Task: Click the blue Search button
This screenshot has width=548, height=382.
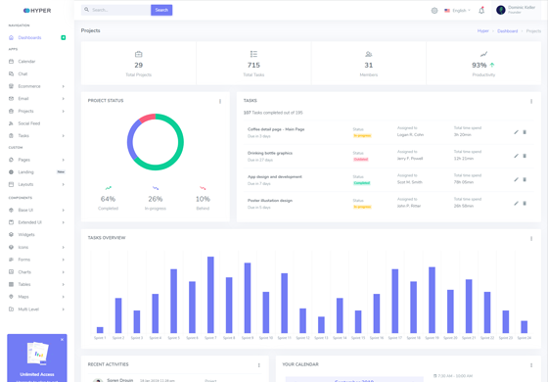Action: pos(161,10)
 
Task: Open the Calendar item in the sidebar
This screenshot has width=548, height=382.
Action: pos(26,61)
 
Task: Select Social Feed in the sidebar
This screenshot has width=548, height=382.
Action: pos(29,123)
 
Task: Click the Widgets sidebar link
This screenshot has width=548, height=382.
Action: pos(26,235)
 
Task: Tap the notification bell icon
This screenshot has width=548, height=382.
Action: pos(481,11)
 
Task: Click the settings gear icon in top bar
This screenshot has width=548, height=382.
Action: pos(434,11)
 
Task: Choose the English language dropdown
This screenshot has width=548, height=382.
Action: pos(457,11)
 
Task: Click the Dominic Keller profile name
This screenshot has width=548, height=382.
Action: pos(522,8)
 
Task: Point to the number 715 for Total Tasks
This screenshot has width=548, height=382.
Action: pos(253,65)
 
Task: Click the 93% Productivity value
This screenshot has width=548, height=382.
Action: pos(479,65)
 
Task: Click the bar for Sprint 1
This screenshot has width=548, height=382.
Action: pos(100,330)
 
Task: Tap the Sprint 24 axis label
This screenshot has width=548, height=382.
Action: pos(525,338)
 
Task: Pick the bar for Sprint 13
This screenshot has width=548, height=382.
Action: pos(321,325)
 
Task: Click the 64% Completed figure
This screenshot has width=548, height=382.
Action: pos(108,199)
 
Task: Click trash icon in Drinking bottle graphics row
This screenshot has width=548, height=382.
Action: pos(525,156)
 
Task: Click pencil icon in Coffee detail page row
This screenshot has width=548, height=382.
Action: pos(516,132)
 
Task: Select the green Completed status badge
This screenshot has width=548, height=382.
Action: pos(362,183)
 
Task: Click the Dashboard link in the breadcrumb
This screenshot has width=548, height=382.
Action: pos(507,31)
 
